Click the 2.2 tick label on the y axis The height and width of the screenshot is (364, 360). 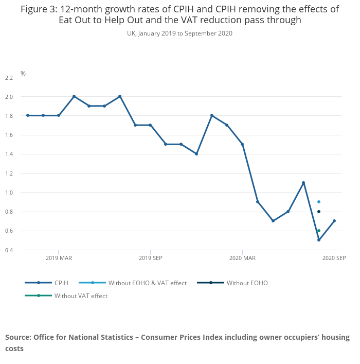(8, 78)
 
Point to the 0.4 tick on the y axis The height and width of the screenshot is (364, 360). (8, 250)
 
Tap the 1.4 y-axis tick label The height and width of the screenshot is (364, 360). (8, 154)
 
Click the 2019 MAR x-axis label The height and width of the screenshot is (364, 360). (59, 258)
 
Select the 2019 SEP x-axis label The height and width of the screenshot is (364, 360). (150, 258)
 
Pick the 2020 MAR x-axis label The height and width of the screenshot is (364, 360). (242, 258)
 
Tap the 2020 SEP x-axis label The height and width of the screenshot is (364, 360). (334, 258)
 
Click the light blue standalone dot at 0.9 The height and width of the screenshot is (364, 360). (319, 202)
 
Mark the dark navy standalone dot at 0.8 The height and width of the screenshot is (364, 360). (319, 212)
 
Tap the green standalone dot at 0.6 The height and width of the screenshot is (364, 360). (319, 231)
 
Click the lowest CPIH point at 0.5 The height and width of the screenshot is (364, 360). (319, 240)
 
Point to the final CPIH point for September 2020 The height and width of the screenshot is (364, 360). (334, 221)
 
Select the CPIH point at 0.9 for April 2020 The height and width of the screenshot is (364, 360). (258, 202)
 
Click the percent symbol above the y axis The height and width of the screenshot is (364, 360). (23, 74)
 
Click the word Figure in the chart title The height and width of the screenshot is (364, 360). (37, 9)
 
